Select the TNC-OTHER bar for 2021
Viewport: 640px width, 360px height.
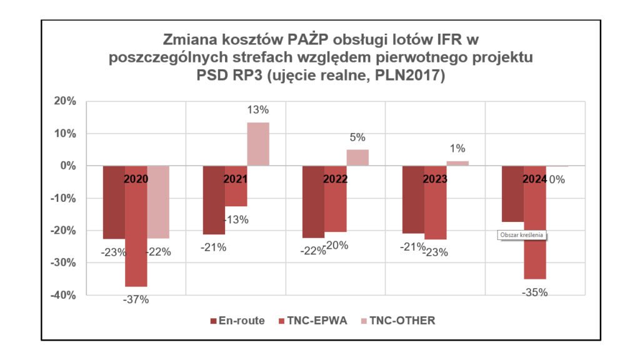pyautogui.click(x=257, y=144)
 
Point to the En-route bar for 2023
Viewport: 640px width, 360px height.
pyautogui.click(x=413, y=206)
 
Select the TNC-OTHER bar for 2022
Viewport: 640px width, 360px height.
pyautogui.click(x=357, y=157)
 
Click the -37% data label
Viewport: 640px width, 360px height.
pyautogui.click(x=136, y=300)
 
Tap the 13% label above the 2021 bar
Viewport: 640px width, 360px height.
pyautogui.click(x=257, y=110)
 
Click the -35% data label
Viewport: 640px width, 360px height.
pyautogui.click(x=534, y=292)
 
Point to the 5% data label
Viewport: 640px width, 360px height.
pyautogui.click(x=357, y=137)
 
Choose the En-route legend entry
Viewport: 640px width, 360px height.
pyautogui.click(x=237, y=321)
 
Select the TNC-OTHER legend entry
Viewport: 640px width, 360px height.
pyautogui.click(x=397, y=321)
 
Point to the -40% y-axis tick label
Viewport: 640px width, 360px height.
pyautogui.click(x=63, y=295)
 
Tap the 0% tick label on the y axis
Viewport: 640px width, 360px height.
pyautogui.click(x=68, y=166)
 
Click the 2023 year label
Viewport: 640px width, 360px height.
pyautogui.click(x=435, y=179)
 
